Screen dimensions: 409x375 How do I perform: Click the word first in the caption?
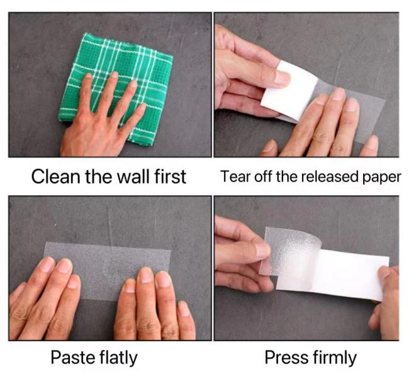coord(171,177)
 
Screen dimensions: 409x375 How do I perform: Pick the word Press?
coord(286,357)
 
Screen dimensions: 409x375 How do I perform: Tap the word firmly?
coord(334,358)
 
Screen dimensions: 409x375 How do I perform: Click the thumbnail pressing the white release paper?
coord(283,77)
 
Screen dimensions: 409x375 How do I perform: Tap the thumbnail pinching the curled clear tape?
coord(262,250)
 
